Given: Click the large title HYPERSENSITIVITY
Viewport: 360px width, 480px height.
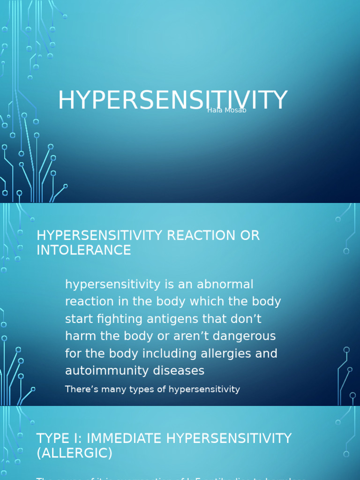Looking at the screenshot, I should [172, 100].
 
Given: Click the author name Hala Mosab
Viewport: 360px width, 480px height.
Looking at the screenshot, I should [226, 110].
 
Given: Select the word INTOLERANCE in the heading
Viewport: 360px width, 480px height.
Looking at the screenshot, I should [84, 250].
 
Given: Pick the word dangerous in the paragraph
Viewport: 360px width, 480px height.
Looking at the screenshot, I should [241, 336].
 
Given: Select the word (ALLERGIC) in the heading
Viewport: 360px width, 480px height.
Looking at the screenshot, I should [75, 453].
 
